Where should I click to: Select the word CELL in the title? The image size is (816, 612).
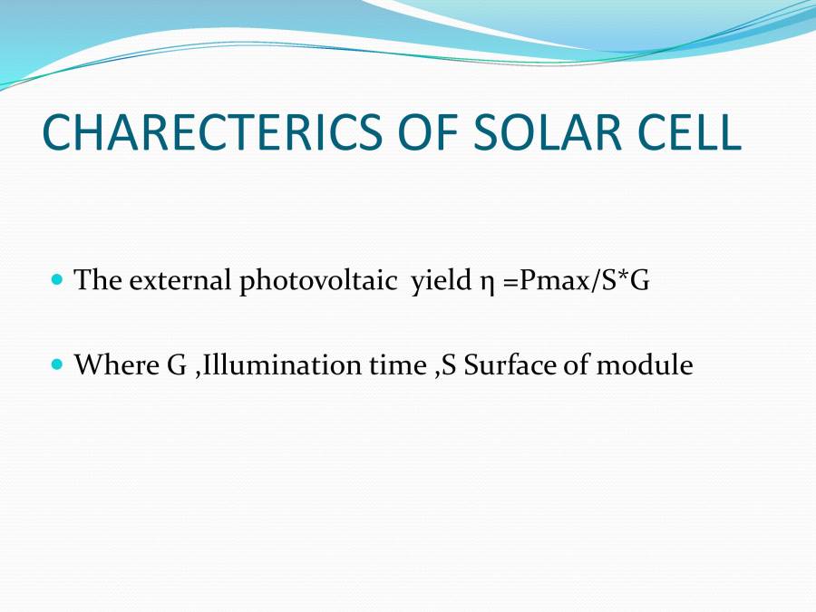pyautogui.click(x=691, y=133)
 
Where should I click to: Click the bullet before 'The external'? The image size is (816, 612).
pyautogui.click(x=57, y=280)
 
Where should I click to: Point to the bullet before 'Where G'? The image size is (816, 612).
pyautogui.click(x=57, y=365)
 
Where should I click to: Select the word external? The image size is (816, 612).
pyautogui.click(x=180, y=280)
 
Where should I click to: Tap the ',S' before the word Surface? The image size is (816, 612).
pyautogui.click(x=445, y=366)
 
